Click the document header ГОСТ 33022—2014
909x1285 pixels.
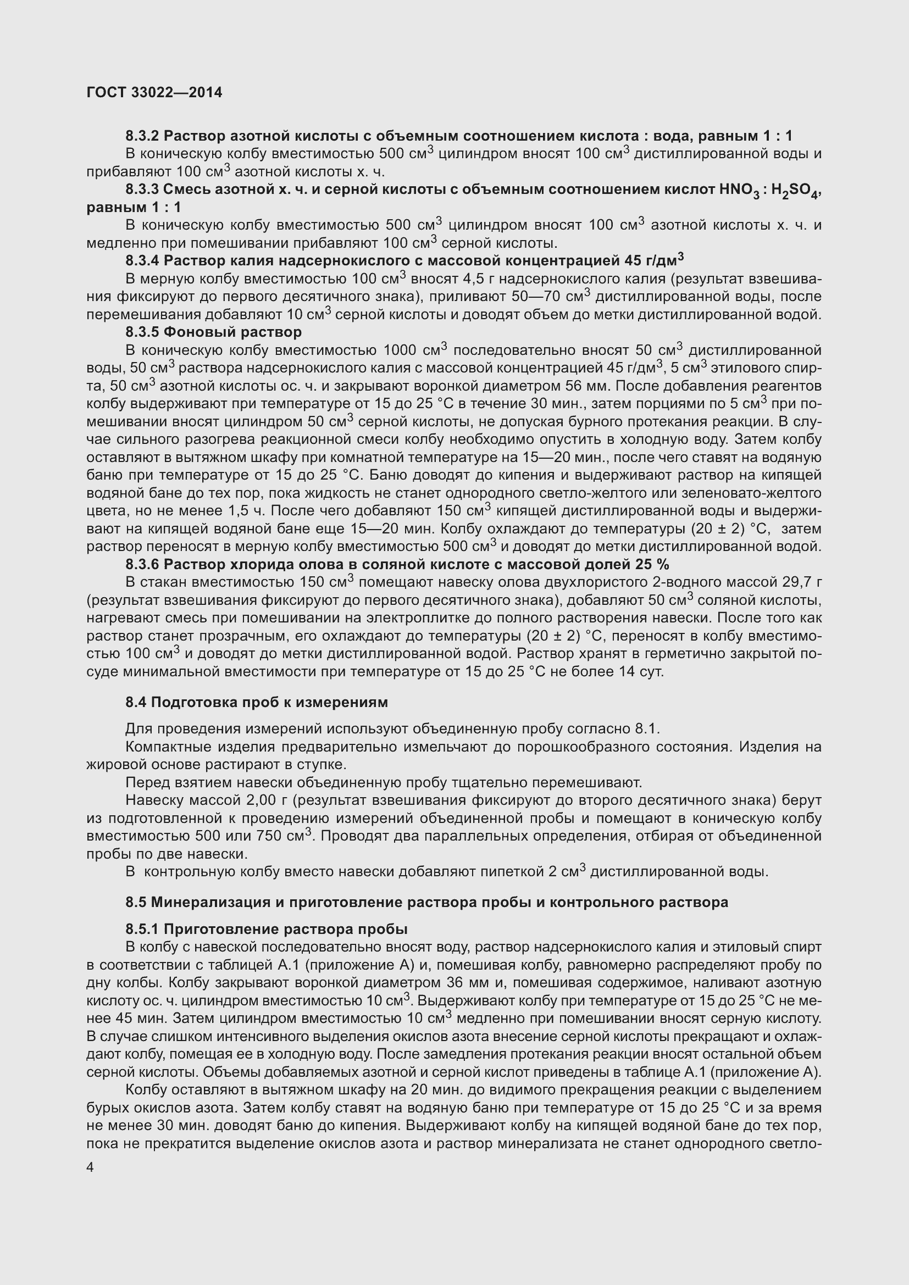click(154, 93)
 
